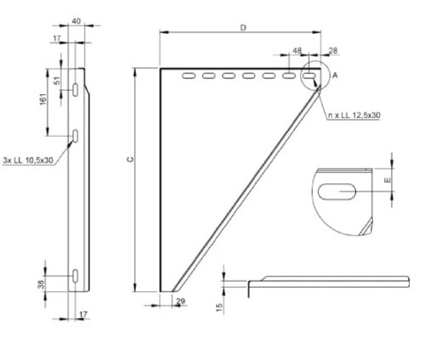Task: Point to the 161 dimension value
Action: coord(42,100)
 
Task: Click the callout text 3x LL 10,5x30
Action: coord(27,160)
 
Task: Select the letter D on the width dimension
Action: coord(242,28)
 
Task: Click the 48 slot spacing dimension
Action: coord(297,52)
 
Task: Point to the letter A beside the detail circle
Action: coord(335,76)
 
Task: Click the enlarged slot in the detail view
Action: coord(343,193)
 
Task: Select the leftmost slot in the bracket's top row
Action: coord(187,78)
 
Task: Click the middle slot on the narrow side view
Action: coord(76,135)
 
